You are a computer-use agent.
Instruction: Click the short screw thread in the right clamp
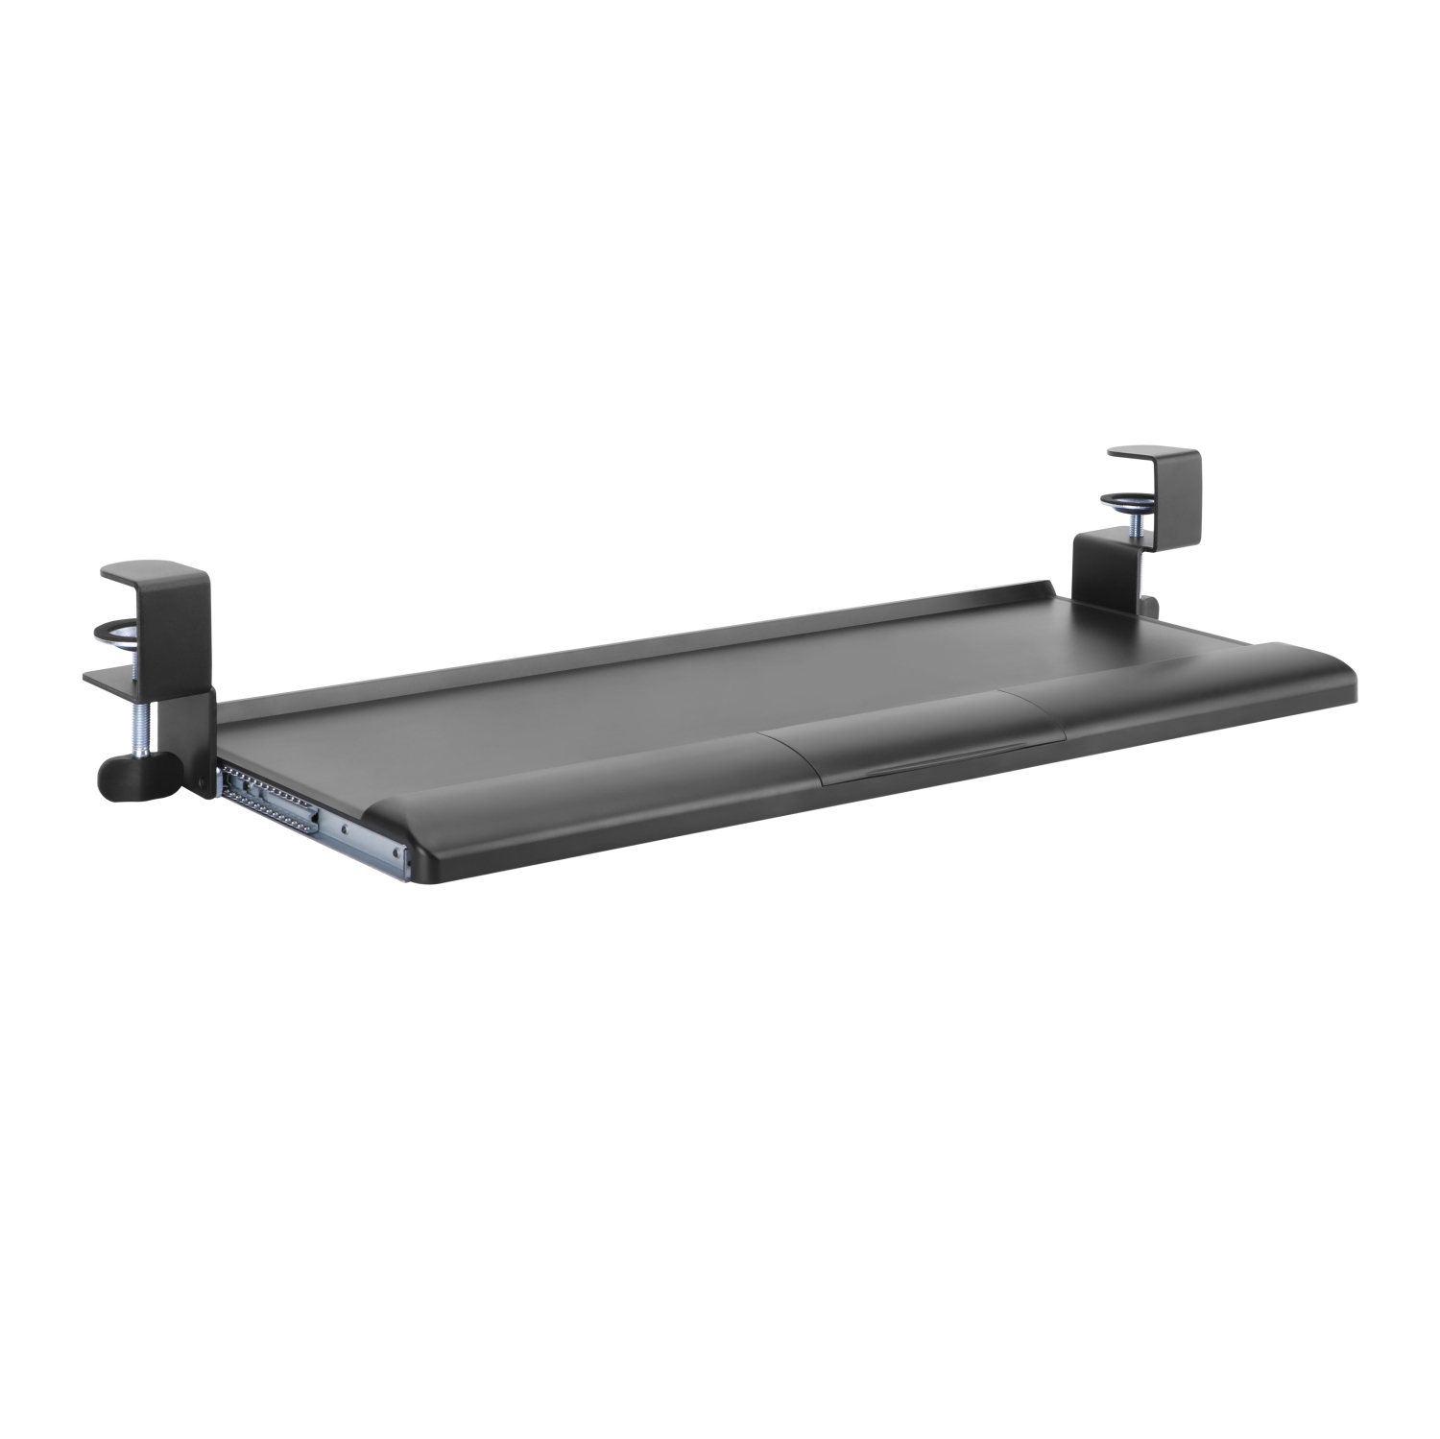pos(1133,524)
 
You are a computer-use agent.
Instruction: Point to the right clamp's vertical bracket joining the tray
pos(1099,576)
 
